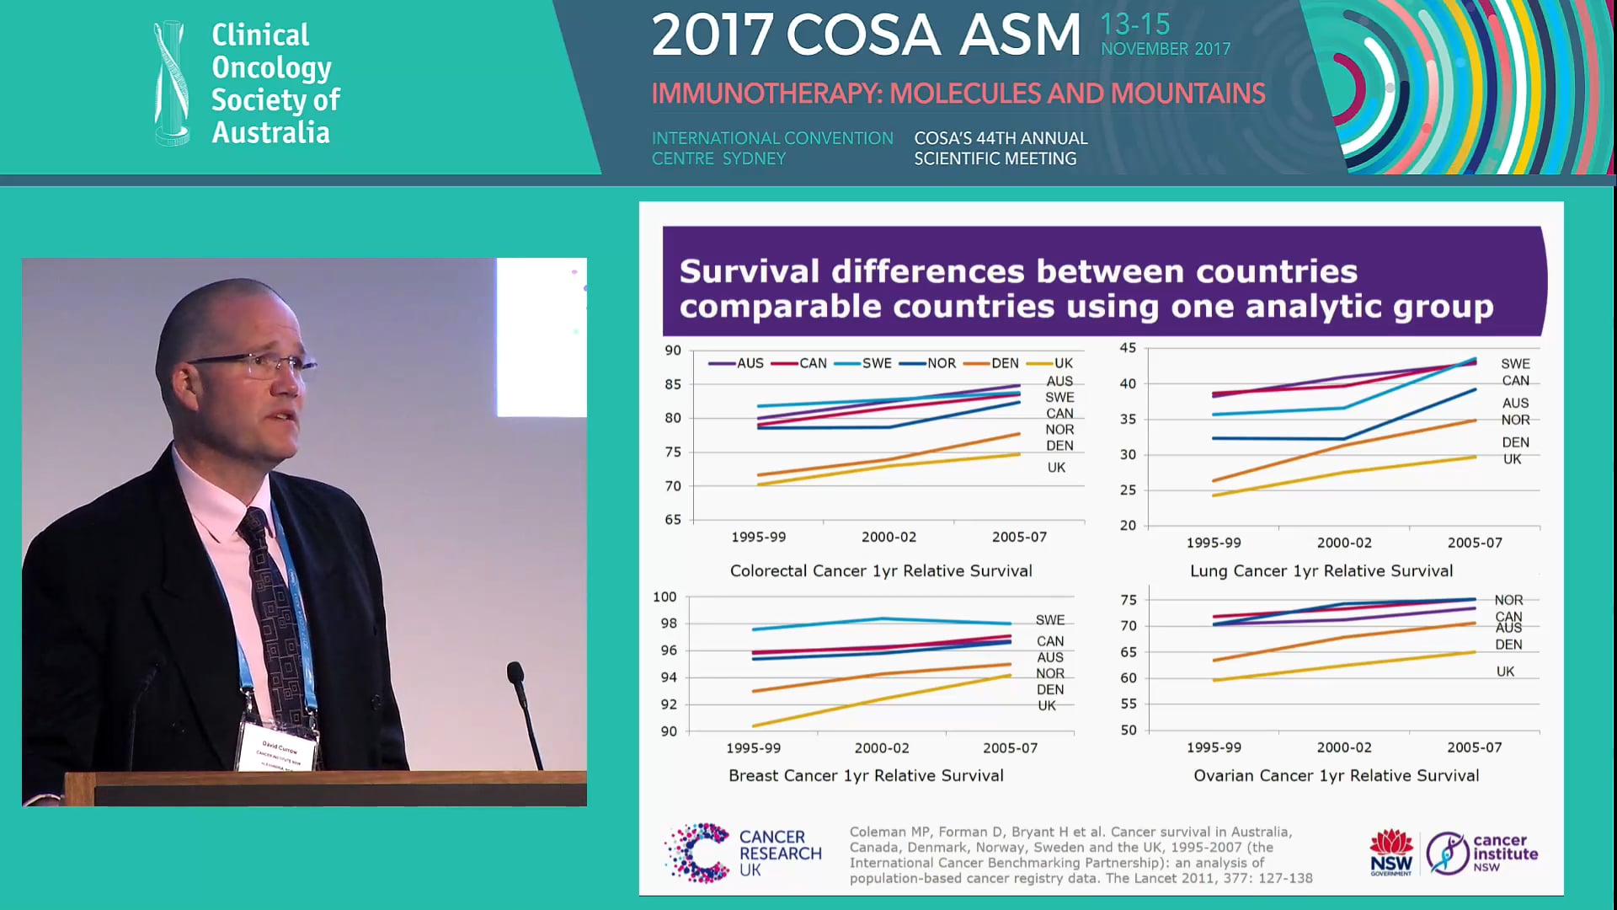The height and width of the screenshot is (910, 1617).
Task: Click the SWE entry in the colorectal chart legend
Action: [x=876, y=363]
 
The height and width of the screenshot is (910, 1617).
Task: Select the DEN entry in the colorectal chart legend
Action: [x=1005, y=363]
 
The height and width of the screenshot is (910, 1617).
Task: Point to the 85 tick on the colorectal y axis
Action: [x=673, y=384]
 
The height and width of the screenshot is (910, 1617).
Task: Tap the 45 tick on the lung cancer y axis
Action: [x=1128, y=348]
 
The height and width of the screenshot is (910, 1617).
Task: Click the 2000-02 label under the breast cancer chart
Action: [x=882, y=748]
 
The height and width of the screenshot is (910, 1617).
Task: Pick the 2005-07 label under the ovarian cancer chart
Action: [x=1474, y=747]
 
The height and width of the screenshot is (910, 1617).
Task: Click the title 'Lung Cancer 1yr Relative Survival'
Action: [x=1321, y=571]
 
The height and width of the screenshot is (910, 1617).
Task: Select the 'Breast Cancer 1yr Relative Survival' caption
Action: [x=866, y=776]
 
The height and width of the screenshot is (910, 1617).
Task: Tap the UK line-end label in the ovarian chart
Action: [x=1505, y=672]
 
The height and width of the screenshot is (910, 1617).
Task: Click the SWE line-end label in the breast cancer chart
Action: [x=1049, y=620]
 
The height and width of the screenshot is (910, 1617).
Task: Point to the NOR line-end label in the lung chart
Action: [x=1515, y=420]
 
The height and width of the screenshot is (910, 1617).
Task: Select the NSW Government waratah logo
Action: [x=1390, y=852]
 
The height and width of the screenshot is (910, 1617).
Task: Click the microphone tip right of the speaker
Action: [x=515, y=672]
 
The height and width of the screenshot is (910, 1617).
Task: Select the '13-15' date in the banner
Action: [x=1134, y=24]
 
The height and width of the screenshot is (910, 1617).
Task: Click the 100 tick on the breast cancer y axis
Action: [x=664, y=597]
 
